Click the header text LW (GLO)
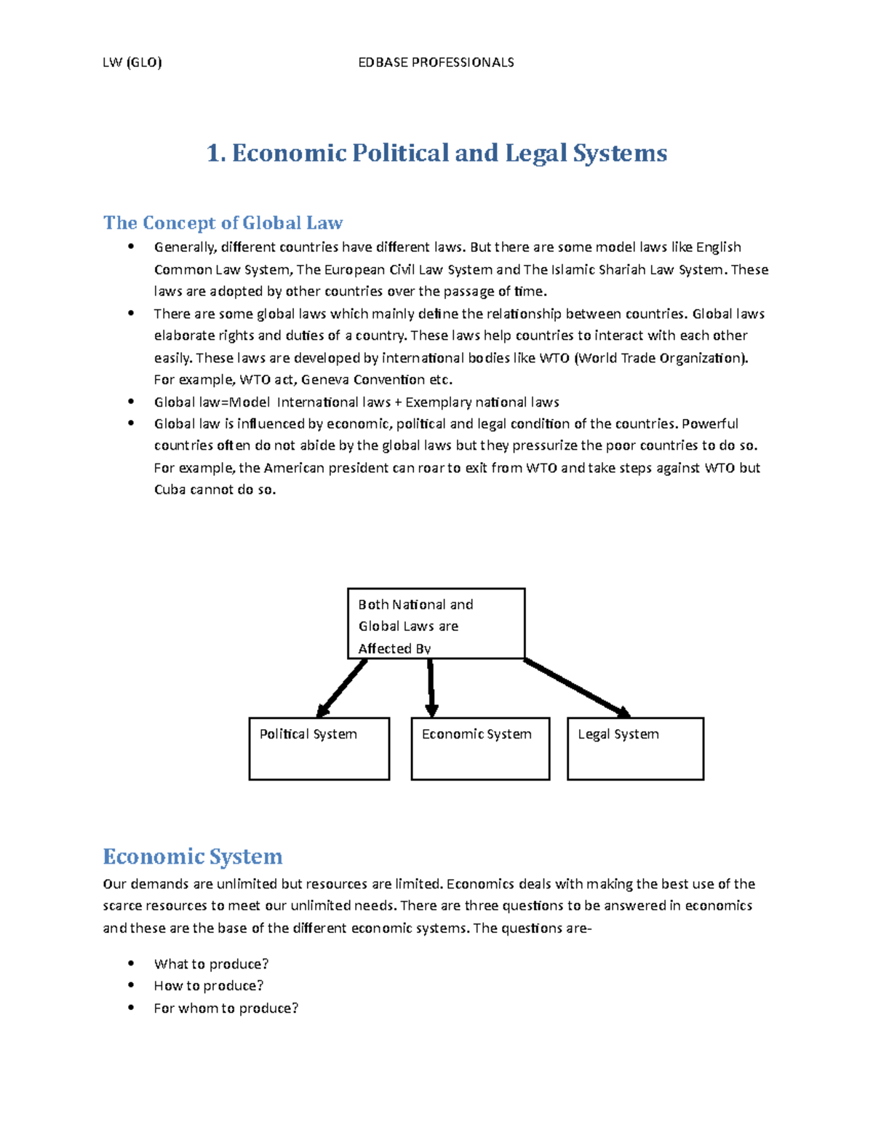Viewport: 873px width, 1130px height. tap(132, 63)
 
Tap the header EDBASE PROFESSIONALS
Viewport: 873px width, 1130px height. tap(436, 63)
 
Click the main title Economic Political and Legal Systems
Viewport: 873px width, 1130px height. tap(436, 153)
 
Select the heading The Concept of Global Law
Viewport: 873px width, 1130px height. tap(223, 223)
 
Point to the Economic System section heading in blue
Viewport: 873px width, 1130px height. tap(192, 856)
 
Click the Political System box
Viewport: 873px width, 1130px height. tap(319, 749)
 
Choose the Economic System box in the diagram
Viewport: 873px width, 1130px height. tap(480, 749)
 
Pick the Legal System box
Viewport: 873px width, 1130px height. tap(635, 749)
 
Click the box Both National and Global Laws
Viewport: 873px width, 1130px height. tap(436, 624)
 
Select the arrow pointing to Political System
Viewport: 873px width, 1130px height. tap(342, 688)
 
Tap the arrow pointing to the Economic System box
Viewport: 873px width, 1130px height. tap(431, 688)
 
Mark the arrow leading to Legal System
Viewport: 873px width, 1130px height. tap(577, 688)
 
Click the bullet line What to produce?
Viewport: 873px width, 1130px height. tap(211, 964)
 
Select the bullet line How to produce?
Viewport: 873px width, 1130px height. tap(208, 986)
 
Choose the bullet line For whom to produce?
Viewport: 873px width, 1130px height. tap(226, 1008)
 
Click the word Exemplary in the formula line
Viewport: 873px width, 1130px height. tap(437, 402)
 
